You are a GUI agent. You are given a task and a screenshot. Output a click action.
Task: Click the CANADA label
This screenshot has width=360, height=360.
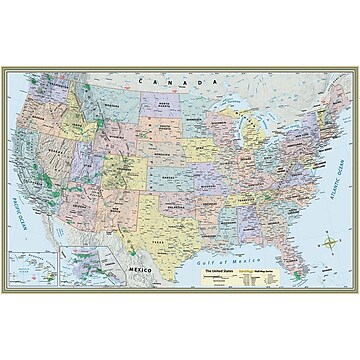[x=166, y=77]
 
